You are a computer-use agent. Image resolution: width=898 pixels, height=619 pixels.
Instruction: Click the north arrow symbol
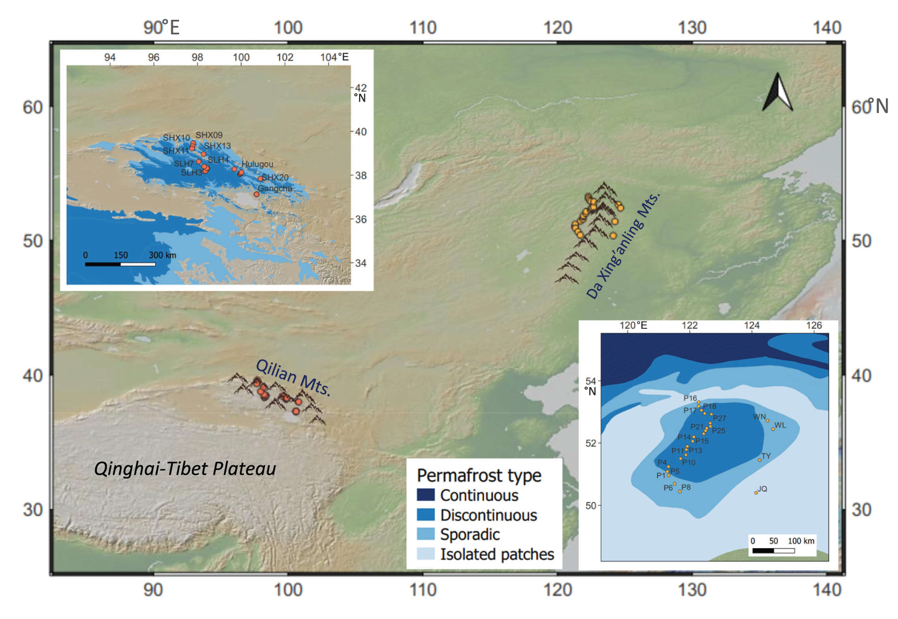tap(778, 93)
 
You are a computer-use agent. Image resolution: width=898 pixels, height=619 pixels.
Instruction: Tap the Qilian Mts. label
tap(293, 377)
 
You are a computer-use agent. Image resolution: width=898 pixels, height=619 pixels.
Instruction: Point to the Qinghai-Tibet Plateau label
tap(185, 469)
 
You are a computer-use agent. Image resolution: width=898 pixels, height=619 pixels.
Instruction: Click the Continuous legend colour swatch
tap(425, 494)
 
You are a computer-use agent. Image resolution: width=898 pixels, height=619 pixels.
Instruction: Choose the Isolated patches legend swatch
tap(425, 553)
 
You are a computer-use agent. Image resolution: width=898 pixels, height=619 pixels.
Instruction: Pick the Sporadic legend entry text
tap(470, 535)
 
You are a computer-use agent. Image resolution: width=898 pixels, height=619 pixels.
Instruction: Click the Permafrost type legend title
tap(479, 475)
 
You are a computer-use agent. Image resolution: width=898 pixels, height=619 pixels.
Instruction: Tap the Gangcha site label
tap(275, 188)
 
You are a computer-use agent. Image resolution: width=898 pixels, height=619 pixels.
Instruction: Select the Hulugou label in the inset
tap(257, 164)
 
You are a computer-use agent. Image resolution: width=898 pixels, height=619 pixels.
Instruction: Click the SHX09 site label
tap(209, 135)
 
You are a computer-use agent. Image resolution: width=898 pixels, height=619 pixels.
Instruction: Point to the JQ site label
tap(763, 489)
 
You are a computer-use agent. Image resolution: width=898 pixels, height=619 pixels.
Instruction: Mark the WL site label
tap(780, 425)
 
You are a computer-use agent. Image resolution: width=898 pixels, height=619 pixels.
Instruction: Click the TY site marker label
tap(766, 456)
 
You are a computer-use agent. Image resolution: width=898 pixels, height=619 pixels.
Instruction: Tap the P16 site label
tap(690, 398)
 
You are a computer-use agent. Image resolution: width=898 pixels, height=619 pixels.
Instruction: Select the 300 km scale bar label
tap(162, 255)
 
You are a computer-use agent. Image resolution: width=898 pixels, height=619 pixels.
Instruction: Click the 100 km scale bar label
tap(801, 541)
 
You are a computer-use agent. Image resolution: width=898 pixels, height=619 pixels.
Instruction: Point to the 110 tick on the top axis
tap(423, 28)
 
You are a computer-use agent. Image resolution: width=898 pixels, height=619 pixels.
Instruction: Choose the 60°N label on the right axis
tap(869, 107)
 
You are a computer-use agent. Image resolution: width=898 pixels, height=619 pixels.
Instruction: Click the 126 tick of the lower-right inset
tap(814, 326)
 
